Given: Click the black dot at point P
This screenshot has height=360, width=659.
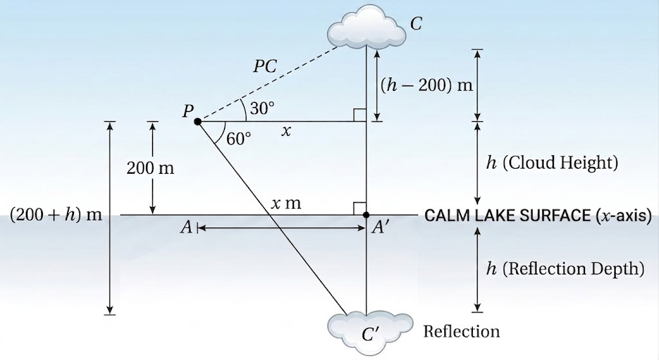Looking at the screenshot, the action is click(x=198, y=122).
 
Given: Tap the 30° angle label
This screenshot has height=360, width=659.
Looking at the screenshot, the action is click(x=263, y=108).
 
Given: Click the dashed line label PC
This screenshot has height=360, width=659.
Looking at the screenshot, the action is click(x=265, y=66).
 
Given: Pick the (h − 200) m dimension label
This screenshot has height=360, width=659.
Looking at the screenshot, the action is click(x=427, y=86).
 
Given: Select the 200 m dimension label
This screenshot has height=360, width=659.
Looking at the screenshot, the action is click(x=150, y=168).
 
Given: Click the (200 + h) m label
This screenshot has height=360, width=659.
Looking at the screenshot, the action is click(x=56, y=215).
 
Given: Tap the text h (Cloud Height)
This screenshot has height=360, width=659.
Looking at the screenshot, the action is click(x=552, y=162).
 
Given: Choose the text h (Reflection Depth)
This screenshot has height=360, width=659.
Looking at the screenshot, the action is click(x=565, y=269).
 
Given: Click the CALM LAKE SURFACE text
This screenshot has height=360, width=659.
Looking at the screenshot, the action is click(x=507, y=215).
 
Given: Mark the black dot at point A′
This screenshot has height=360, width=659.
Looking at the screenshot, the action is click(x=366, y=215).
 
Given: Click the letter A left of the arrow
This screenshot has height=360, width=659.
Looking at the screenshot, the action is click(x=186, y=227).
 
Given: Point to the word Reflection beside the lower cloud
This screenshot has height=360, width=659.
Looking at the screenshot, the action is click(x=461, y=332).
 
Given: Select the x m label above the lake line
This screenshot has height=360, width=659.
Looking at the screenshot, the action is click(x=286, y=204).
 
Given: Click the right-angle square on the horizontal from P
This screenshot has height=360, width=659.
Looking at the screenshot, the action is click(x=360, y=115).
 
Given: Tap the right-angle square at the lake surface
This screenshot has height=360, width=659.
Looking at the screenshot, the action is click(x=360, y=209).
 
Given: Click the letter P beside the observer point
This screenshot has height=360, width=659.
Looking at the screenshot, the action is click(x=188, y=111).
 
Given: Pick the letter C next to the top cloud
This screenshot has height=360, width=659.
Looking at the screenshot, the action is click(x=416, y=24).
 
